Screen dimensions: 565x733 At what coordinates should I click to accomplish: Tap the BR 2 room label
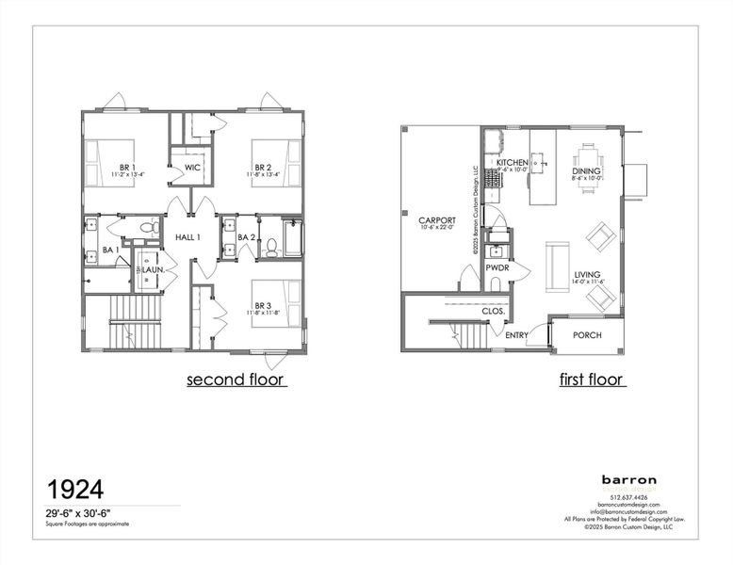tap(262, 143)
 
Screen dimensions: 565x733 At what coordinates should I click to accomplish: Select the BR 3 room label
tap(264, 305)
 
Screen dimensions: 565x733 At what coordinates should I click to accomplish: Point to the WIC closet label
tap(192, 168)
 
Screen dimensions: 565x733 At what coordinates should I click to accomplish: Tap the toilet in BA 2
tap(271, 248)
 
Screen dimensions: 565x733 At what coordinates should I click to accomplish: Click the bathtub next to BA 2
tap(292, 237)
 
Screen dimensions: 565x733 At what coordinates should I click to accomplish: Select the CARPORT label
tap(437, 220)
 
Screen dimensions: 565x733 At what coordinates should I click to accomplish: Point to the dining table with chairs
tap(588, 168)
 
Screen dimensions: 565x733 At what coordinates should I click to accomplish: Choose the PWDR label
tap(497, 267)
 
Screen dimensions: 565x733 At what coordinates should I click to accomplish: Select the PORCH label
tap(587, 335)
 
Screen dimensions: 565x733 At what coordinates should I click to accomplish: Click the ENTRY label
tap(516, 335)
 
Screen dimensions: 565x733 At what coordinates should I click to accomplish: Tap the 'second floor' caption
tap(236, 380)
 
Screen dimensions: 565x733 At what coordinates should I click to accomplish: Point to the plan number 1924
tap(75, 489)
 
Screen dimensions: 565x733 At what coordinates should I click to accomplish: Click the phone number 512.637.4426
tap(630, 497)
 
